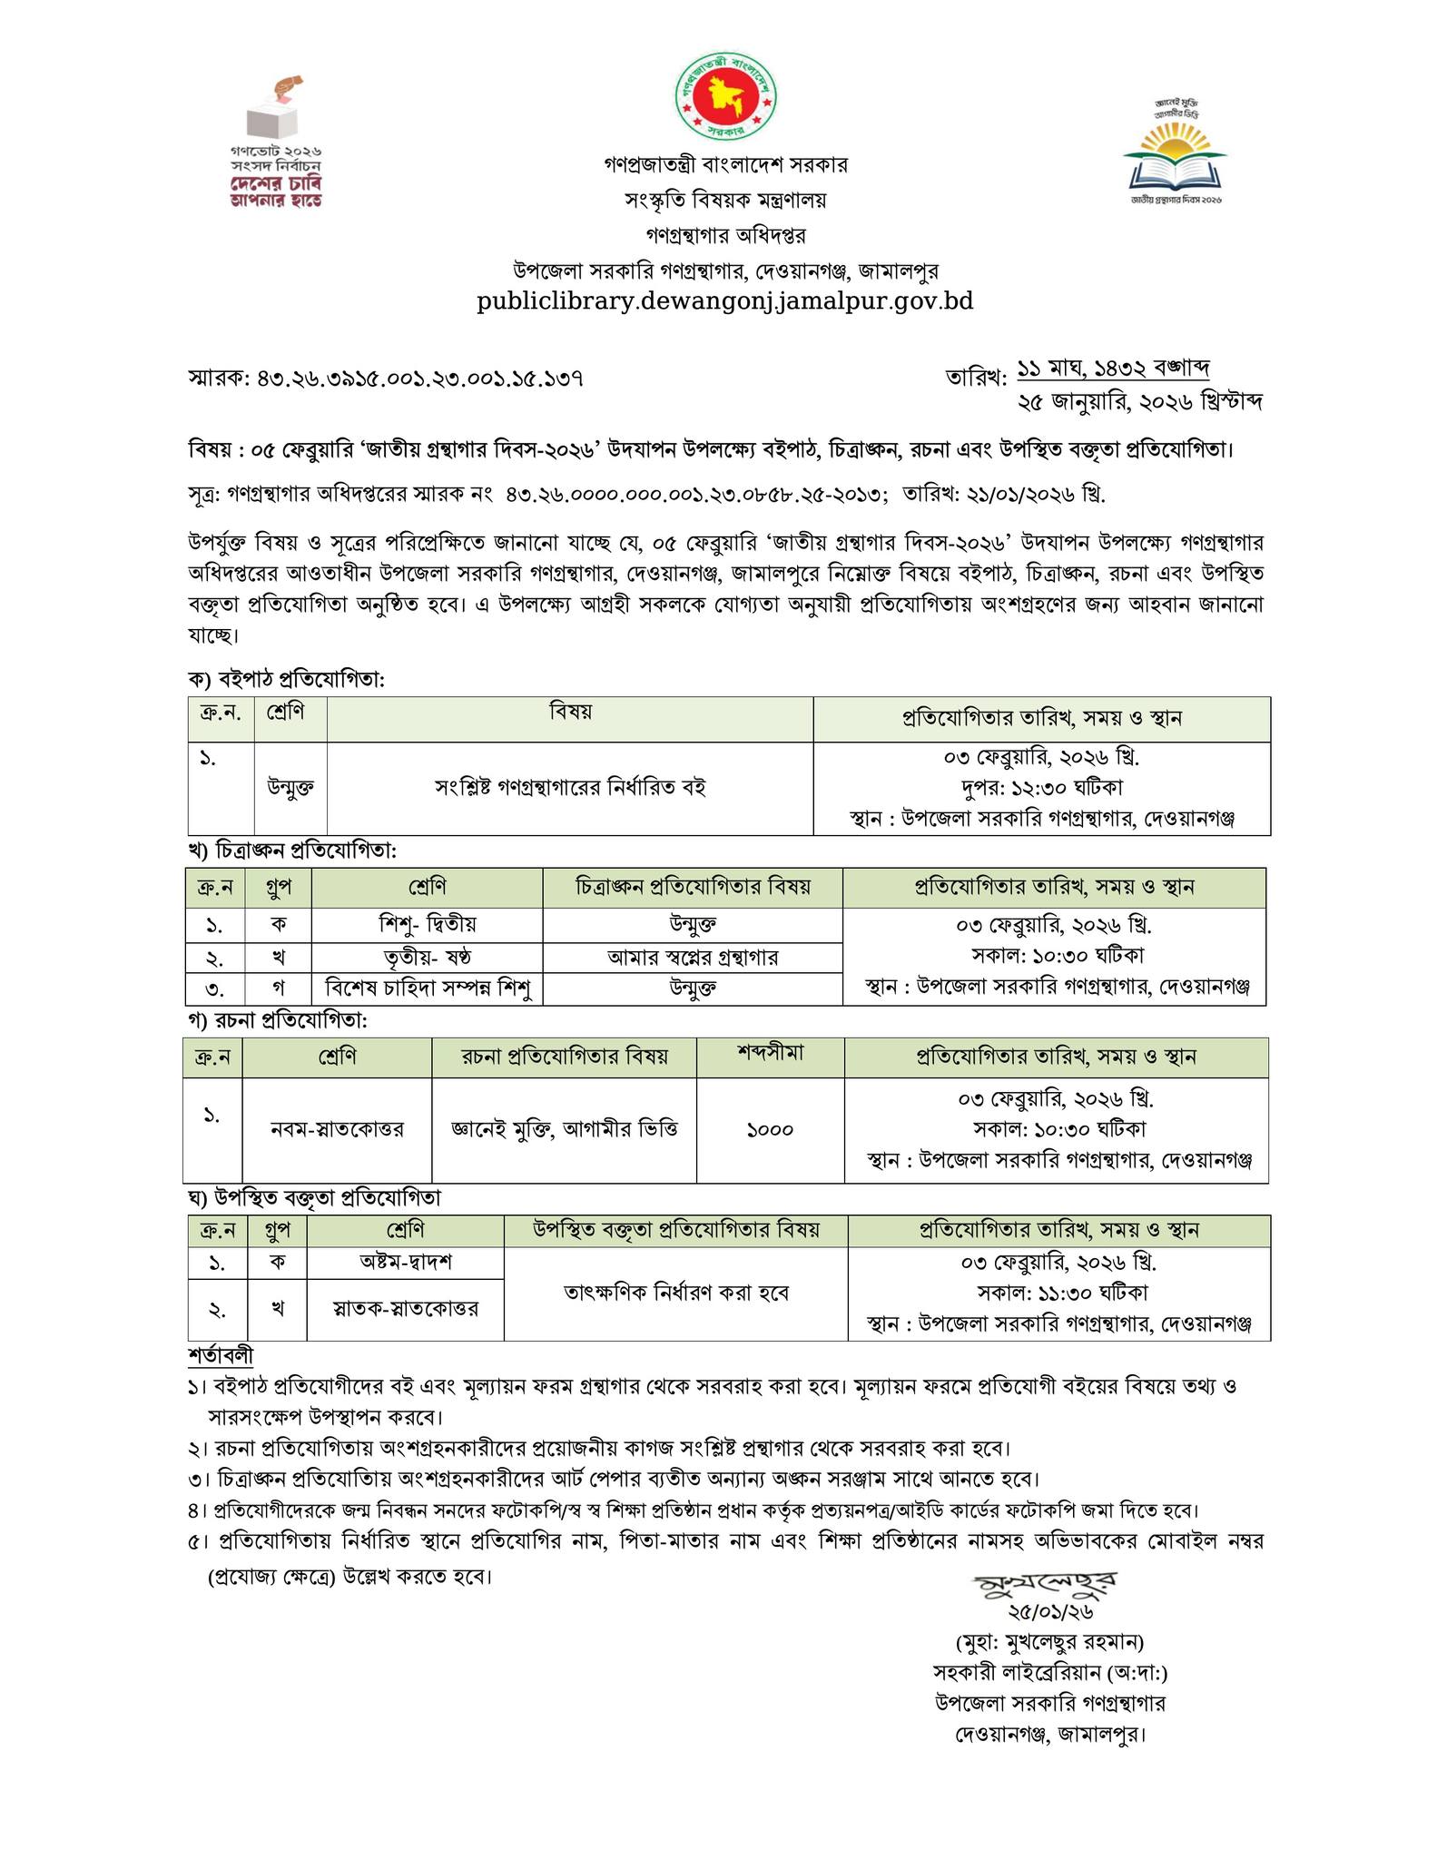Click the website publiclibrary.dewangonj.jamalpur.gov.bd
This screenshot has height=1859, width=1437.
coord(725,301)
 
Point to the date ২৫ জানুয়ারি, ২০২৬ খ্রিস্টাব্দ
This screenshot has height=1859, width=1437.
coord(1140,401)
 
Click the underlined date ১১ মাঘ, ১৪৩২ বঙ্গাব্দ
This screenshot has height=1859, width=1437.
coord(1113,369)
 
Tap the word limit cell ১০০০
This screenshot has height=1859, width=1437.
coord(770,1129)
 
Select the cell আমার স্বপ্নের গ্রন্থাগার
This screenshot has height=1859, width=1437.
coord(693,957)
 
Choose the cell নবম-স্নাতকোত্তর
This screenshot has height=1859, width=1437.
coord(337,1129)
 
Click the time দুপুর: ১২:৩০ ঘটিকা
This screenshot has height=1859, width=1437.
coord(1041,787)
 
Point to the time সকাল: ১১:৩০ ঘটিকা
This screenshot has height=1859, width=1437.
coord(1059,1292)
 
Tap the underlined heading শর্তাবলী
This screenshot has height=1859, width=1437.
coord(221,1355)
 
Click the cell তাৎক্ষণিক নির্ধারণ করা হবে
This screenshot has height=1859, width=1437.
coord(676,1293)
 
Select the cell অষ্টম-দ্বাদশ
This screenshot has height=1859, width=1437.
coord(405,1262)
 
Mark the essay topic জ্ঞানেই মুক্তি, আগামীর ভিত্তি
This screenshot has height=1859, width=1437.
coord(564,1129)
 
